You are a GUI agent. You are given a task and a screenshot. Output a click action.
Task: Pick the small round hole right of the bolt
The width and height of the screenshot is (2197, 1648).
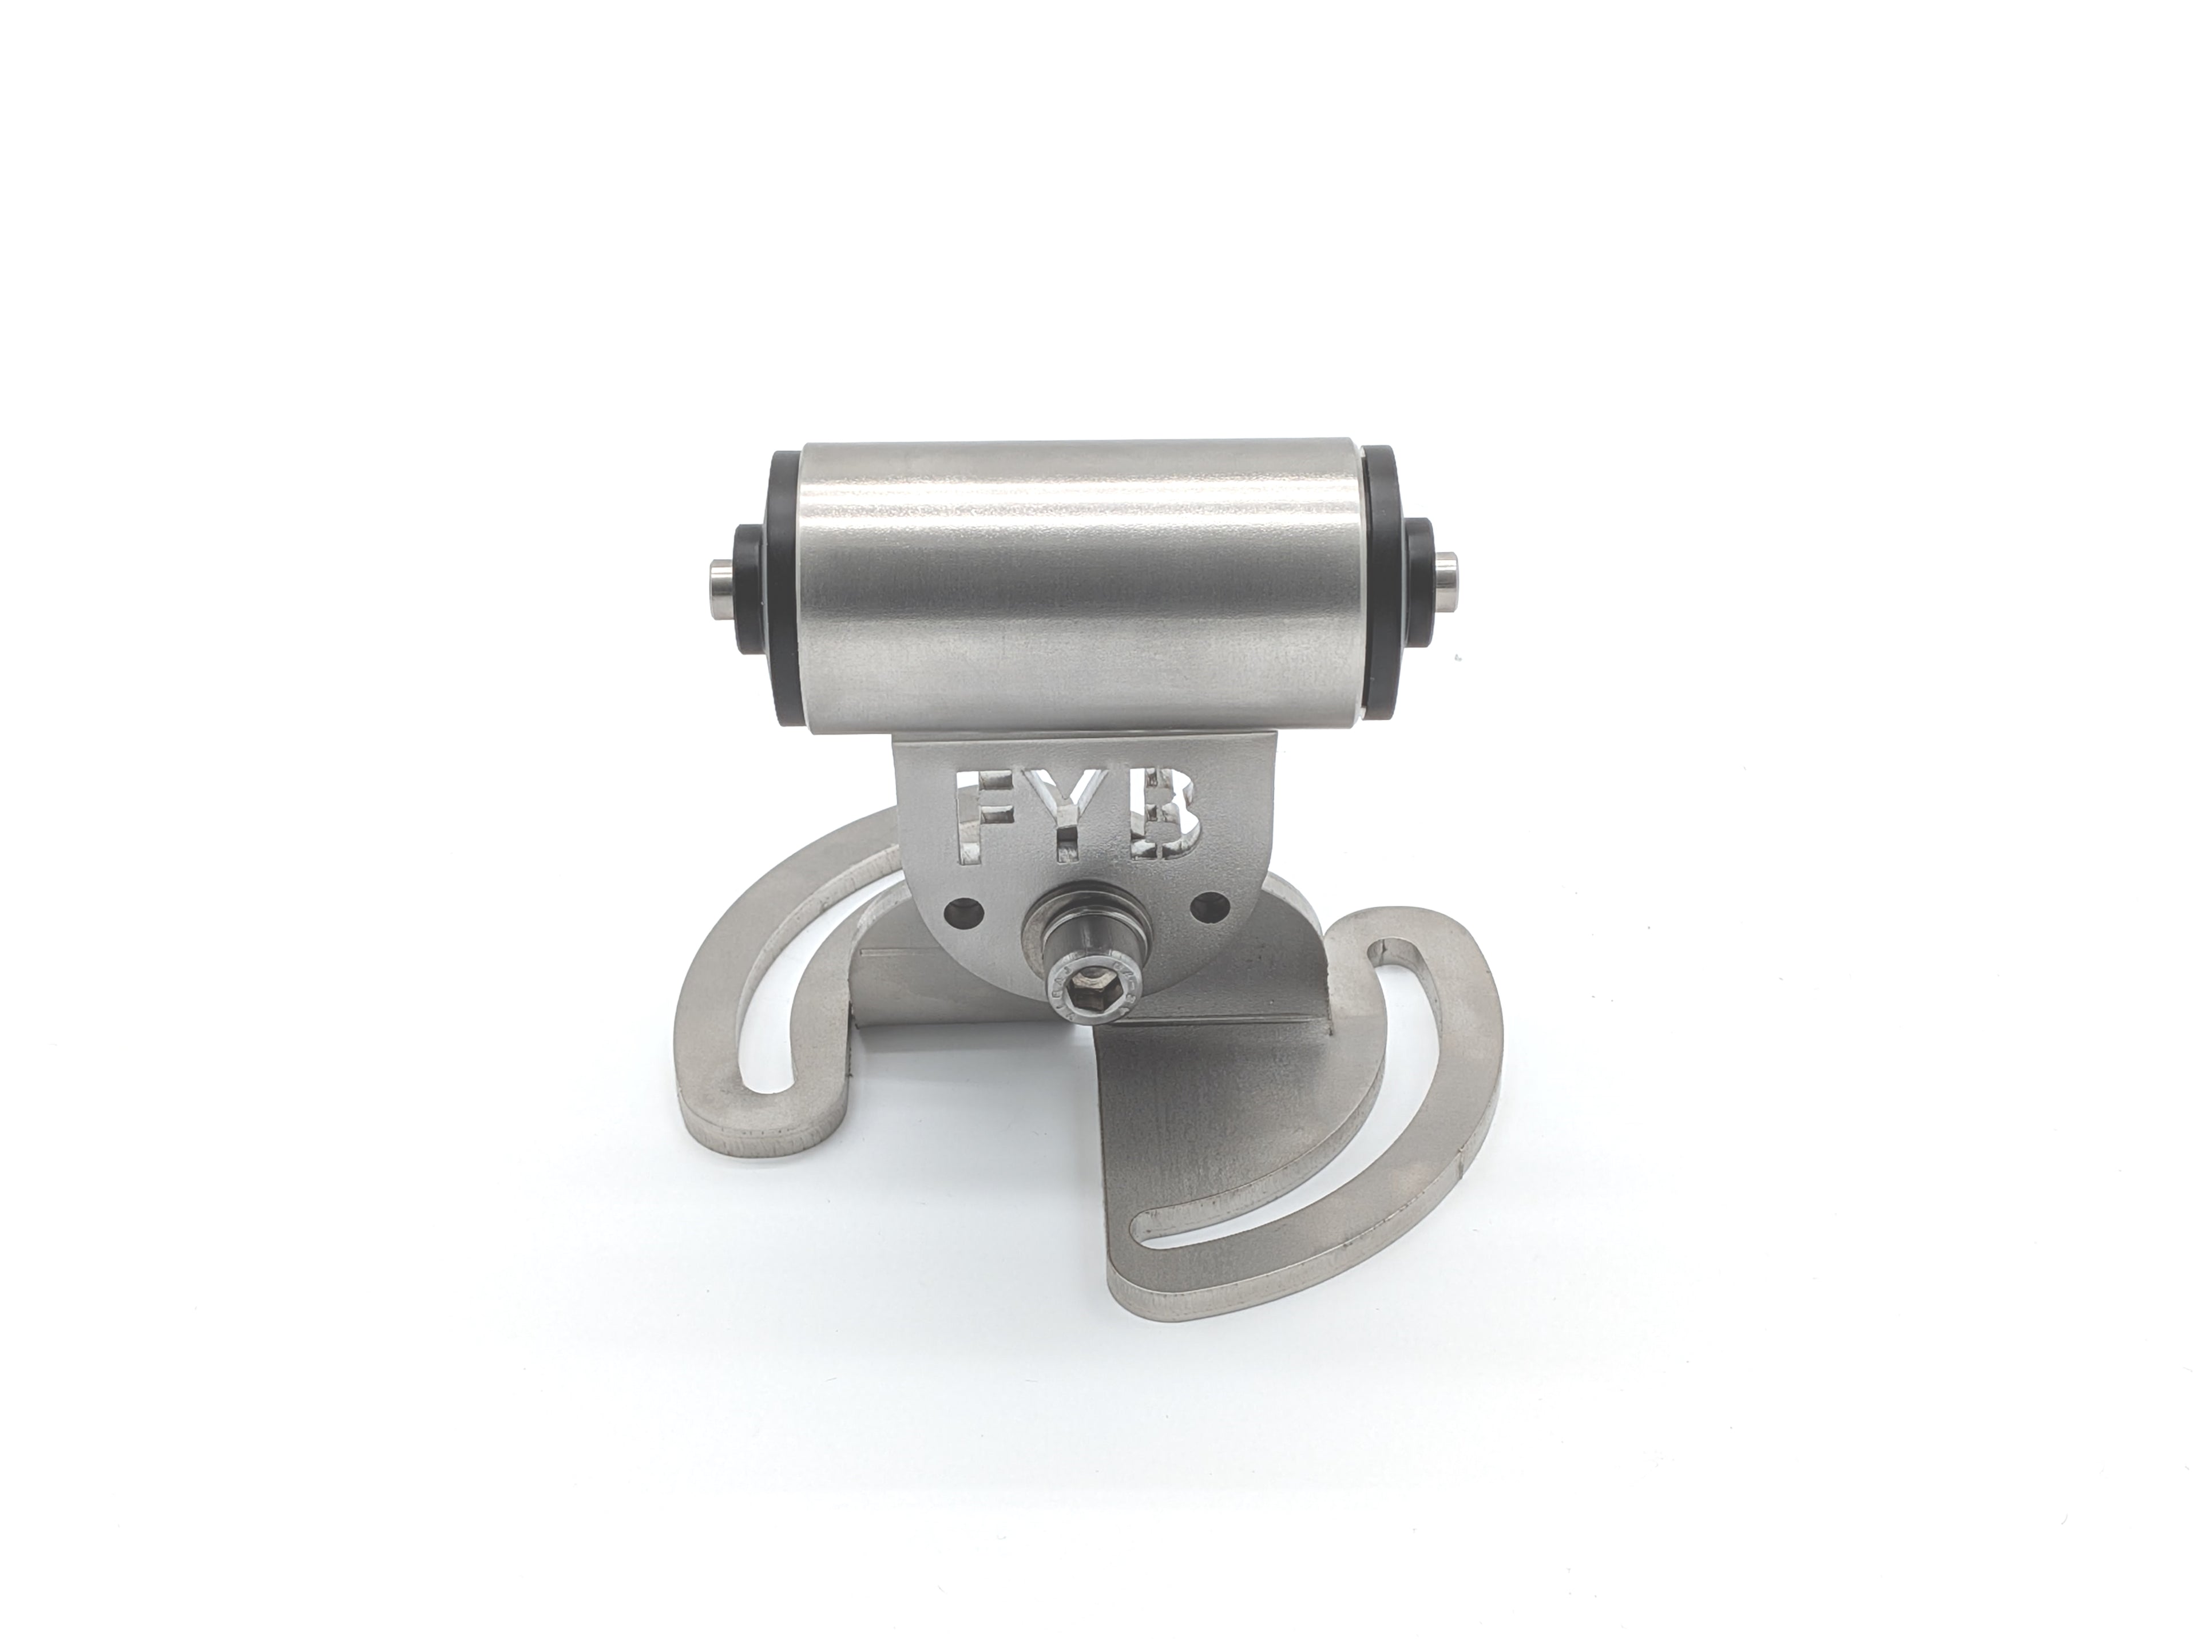1209,905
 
